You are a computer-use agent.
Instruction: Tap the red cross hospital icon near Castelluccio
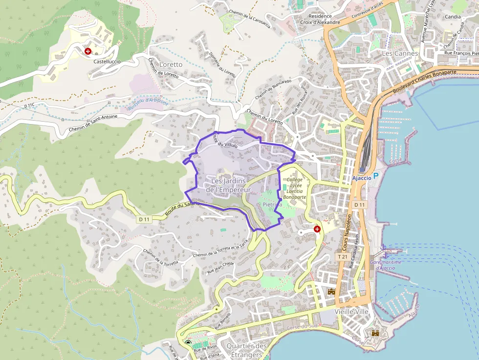pyautogui.click(x=88, y=51)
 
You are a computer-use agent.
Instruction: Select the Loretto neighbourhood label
pyautogui.click(x=171, y=64)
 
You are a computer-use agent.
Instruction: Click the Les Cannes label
pyautogui.click(x=400, y=53)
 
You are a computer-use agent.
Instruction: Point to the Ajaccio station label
pyautogui.click(x=361, y=178)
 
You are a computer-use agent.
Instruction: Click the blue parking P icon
pyautogui.click(x=375, y=176)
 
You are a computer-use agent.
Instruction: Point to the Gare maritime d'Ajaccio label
pyautogui.click(x=386, y=265)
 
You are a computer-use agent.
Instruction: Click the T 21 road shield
pyautogui.click(x=342, y=256)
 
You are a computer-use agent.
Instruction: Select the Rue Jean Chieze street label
pyautogui.click(x=221, y=267)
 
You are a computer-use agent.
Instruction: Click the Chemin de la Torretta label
pyautogui.click(x=160, y=257)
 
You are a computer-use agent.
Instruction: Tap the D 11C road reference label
pyautogui.click(x=29, y=105)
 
